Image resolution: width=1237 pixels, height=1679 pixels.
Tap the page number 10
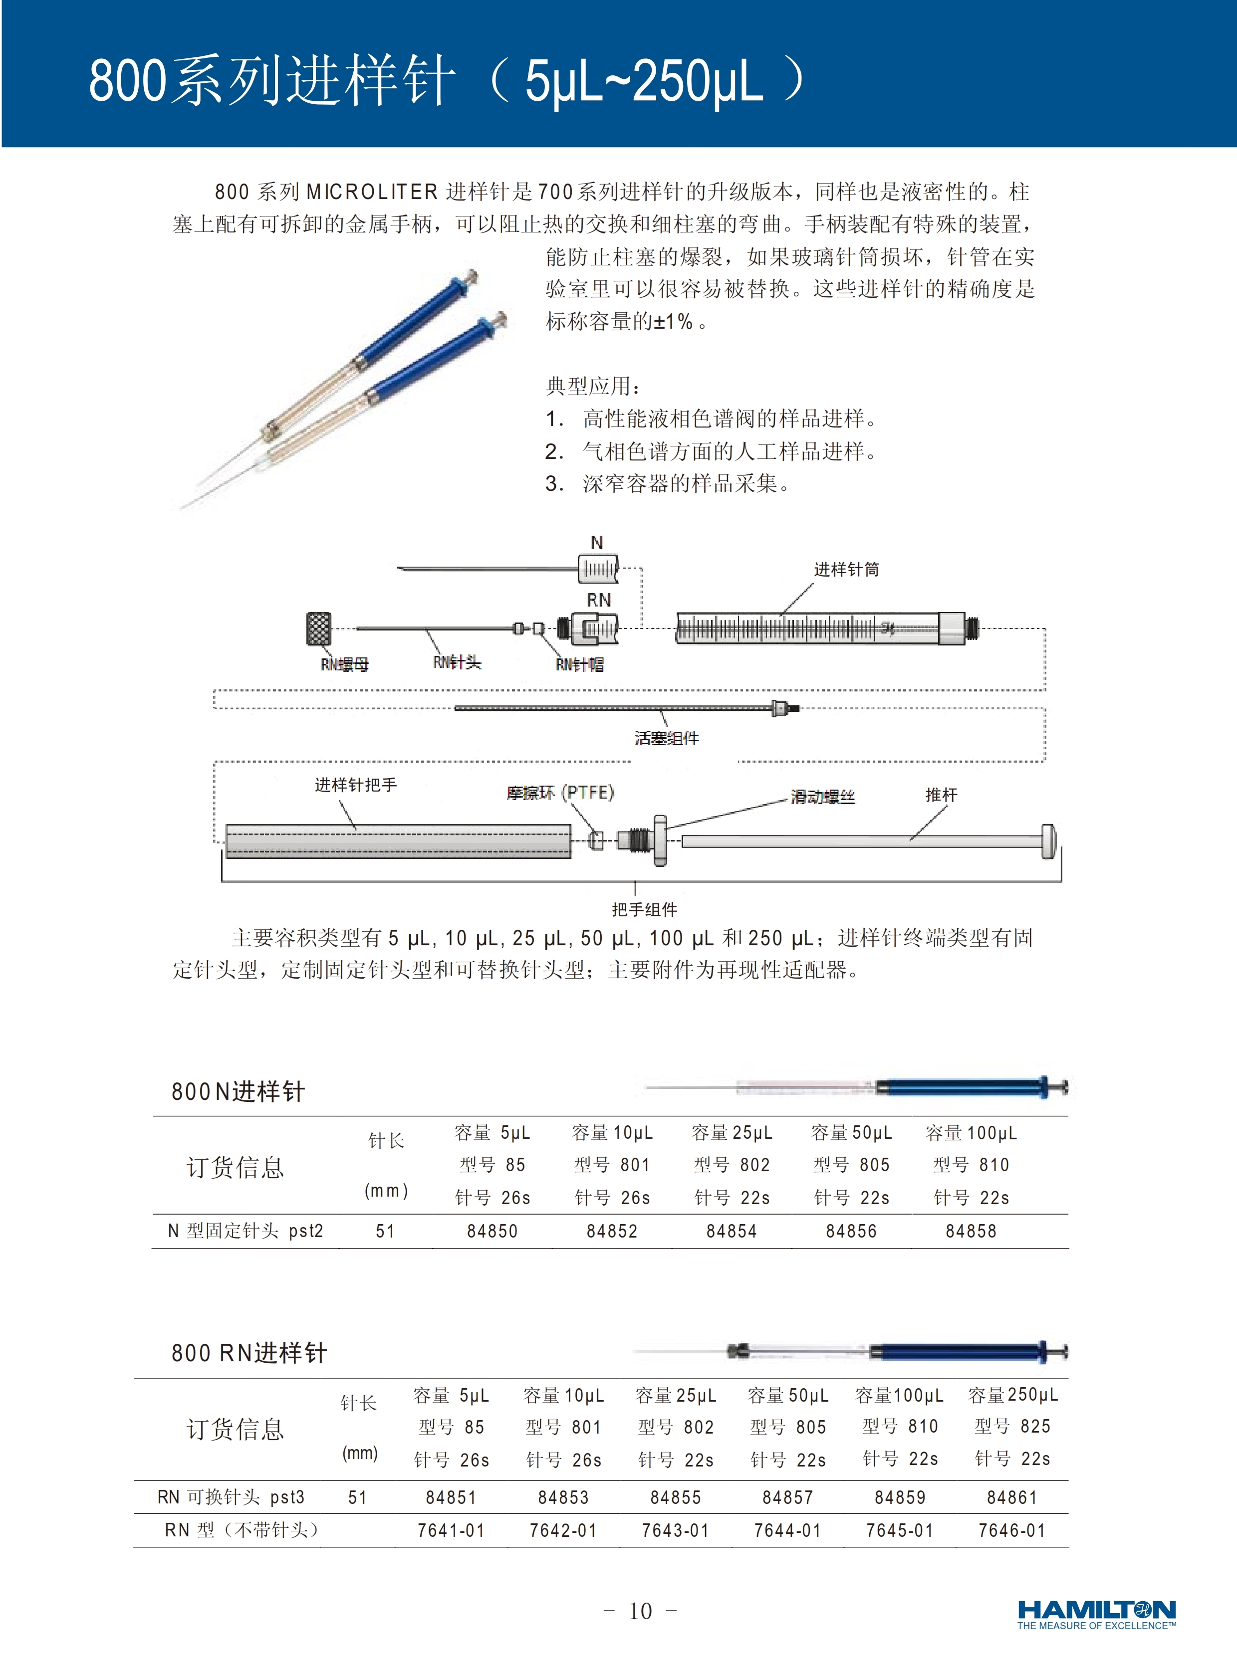pyautogui.click(x=640, y=1611)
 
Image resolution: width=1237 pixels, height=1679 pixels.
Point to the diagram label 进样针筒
pyautogui.click(x=846, y=570)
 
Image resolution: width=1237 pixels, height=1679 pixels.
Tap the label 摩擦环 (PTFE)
pyautogui.click(x=560, y=793)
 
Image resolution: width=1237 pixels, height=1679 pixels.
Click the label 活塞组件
pyautogui.click(x=667, y=739)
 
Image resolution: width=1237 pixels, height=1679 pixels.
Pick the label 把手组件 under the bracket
pyautogui.click(x=644, y=909)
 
